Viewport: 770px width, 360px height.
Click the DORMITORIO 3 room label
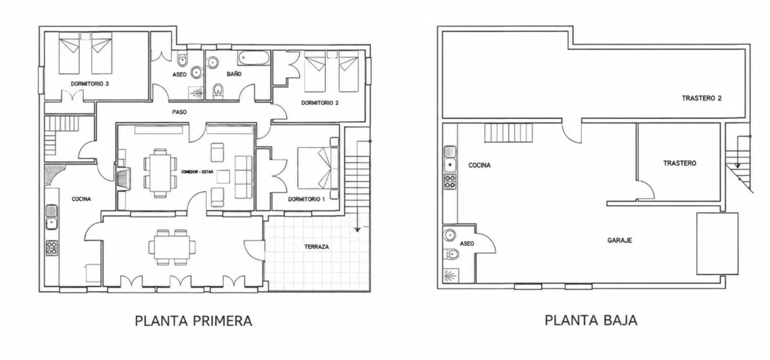pyautogui.click(x=90, y=83)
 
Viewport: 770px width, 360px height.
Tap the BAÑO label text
pyautogui.click(x=234, y=74)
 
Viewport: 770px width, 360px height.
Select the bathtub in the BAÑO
pyautogui.click(x=254, y=58)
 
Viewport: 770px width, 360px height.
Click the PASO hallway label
pyautogui.click(x=180, y=112)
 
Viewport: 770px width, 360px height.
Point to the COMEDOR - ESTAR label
pyautogui.click(x=197, y=172)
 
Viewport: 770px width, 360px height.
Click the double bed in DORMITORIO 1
pyautogui.click(x=317, y=168)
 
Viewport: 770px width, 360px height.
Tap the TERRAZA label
pyautogui.click(x=316, y=246)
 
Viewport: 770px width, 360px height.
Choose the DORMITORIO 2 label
pyautogui.click(x=320, y=103)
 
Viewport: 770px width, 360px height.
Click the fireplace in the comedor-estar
pyautogui.click(x=124, y=179)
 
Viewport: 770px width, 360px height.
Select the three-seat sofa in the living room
pyautogui.click(x=244, y=177)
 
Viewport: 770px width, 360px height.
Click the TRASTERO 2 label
pyautogui.click(x=701, y=98)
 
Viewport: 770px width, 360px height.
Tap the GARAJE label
pyautogui.click(x=620, y=240)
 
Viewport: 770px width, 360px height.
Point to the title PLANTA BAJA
pyautogui.click(x=591, y=320)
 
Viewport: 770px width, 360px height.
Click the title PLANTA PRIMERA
pyautogui.click(x=194, y=321)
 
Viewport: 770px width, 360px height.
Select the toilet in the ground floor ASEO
pyautogui.click(x=451, y=254)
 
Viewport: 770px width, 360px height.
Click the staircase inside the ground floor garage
pyautogui.click(x=509, y=133)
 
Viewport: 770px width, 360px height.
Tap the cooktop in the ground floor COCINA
pyautogui.click(x=450, y=182)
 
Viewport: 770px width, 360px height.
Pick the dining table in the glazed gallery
pyautogui.click(x=172, y=247)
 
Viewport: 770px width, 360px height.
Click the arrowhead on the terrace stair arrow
pyautogui.click(x=357, y=230)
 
